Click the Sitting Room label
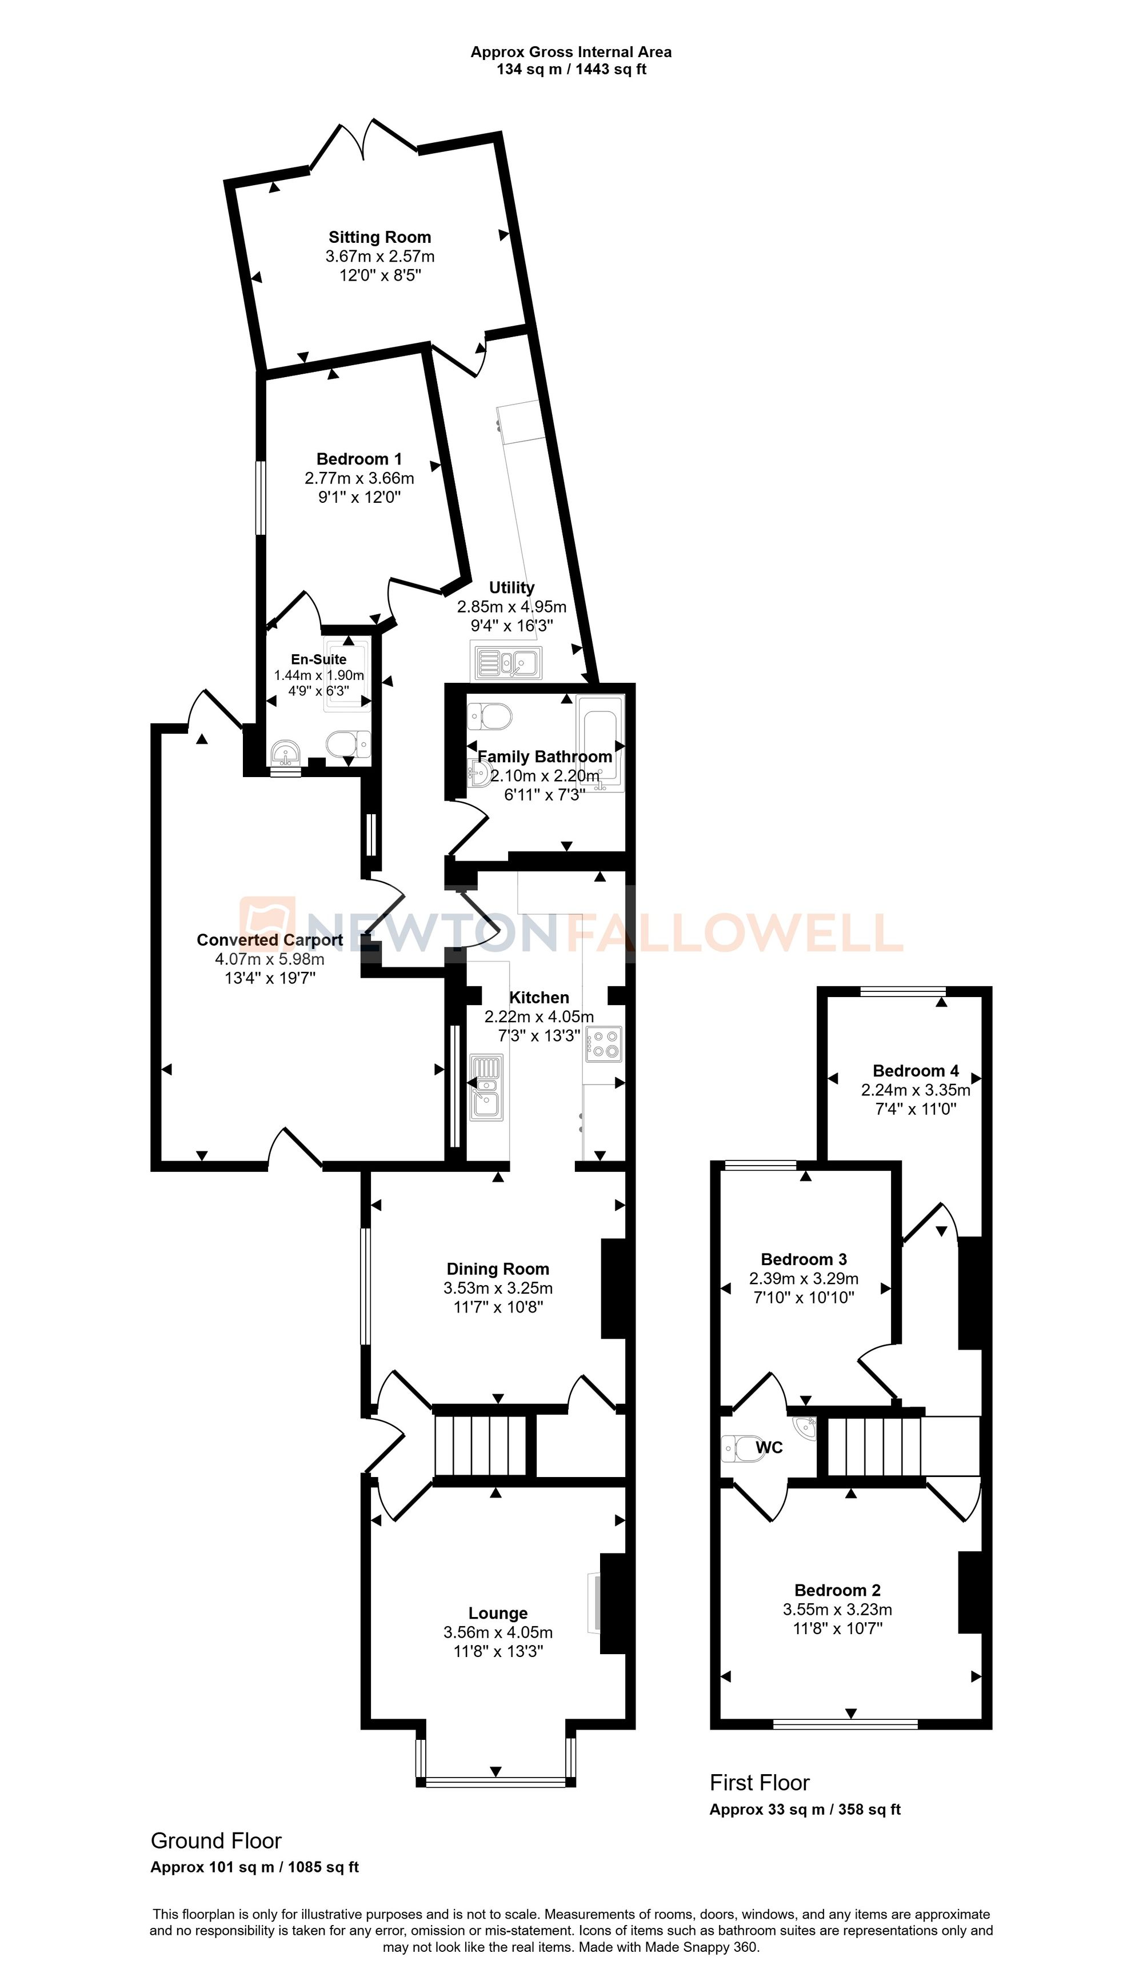click(379, 237)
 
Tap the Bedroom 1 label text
click(359, 459)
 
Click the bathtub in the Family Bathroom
click(600, 742)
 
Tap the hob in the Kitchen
click(602, 1043)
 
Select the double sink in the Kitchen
click(486, 1087)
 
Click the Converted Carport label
click(269, 940)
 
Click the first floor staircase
click(872, 1445)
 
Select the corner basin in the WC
click(806, 1428)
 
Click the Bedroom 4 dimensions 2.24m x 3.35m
click(916, 1090)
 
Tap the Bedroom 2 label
click(837, 1590)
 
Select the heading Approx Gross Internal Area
click(570, 52)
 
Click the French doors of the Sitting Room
click(363, 141)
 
